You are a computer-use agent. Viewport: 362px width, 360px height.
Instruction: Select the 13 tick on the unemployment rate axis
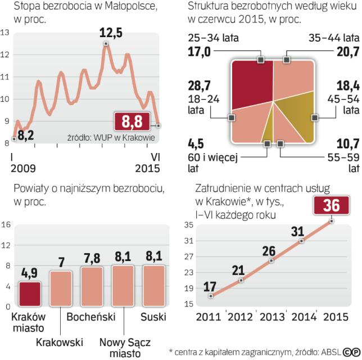(5, 33)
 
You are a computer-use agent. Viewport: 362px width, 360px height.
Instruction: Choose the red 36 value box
(332, 206)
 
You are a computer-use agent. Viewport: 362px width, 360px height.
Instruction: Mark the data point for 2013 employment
(271, 260)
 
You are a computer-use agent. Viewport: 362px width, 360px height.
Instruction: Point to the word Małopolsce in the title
(125, 7)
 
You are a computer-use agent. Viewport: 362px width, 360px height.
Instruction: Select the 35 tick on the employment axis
(188, 225)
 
